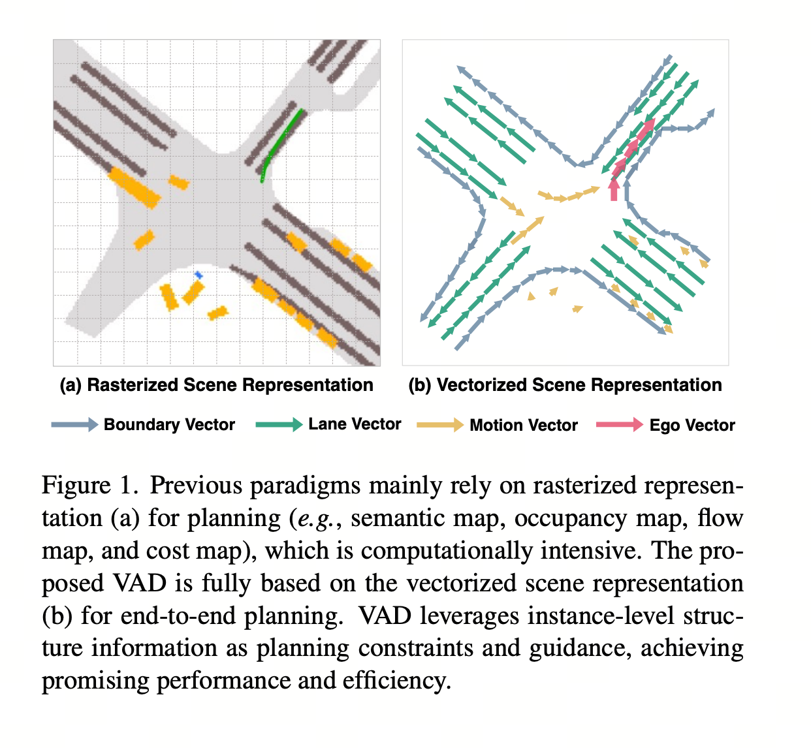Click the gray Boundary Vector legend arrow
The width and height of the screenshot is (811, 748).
click(x=74, y=425)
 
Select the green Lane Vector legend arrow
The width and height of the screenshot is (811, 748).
click(x=278, y=425)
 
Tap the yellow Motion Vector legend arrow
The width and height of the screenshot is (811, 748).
click(x=439, y=426)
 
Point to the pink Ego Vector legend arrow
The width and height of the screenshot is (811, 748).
click(x=619, y=425)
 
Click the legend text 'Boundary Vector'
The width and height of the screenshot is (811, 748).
click(x=169, y=425)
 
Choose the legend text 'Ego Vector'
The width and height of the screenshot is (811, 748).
click(x=692, y=426)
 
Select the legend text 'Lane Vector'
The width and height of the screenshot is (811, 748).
click(x=355, y=424)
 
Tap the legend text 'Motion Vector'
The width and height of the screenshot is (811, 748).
click(x=524, y=426)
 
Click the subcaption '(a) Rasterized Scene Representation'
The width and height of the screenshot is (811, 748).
click(x=216, y=385)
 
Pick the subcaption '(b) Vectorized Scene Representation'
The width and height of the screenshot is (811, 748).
click(x=565, y=385)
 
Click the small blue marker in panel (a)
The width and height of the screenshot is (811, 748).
click(x=199, y=276)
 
